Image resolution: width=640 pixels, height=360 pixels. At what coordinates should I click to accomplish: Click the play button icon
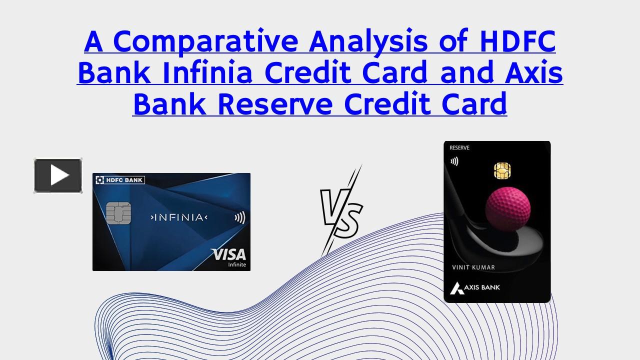(x=58, y=175)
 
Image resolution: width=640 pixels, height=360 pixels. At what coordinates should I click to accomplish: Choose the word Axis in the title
(x=533, y=73)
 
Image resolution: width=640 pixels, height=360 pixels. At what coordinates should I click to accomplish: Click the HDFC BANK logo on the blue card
(x=119, y=179)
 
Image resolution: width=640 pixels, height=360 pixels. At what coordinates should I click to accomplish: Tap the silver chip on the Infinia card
(x=118, y=214)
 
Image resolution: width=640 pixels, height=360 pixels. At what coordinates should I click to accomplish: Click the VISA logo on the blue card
(x=228, y=254)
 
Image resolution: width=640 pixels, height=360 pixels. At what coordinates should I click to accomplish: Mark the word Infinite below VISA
(x=236, y=264)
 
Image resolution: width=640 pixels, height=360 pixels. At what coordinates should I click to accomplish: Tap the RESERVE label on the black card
(x=459, y=148)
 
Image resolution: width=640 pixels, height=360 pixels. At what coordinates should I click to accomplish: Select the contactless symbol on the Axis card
(x=454, y=161)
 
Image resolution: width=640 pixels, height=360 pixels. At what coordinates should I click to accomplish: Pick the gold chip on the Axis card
(x=502, y=170)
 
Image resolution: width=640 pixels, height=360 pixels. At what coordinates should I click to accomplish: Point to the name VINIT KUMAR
(x=473, y=267)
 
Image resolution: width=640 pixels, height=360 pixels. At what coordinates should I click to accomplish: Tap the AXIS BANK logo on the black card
(x=475, y=287)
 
